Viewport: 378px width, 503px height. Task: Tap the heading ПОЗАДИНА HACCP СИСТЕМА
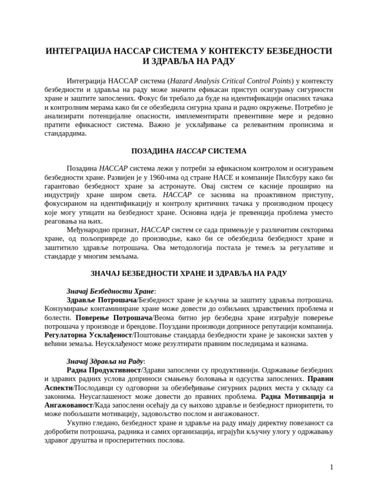[189, 151]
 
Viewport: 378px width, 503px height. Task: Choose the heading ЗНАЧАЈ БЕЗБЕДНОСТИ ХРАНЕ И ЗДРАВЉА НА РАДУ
[189, 273]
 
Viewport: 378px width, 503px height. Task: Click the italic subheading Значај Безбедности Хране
[110, 291]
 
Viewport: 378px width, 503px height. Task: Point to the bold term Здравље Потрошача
[101, 300]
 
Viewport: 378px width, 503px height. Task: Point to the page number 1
[332, 467]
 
